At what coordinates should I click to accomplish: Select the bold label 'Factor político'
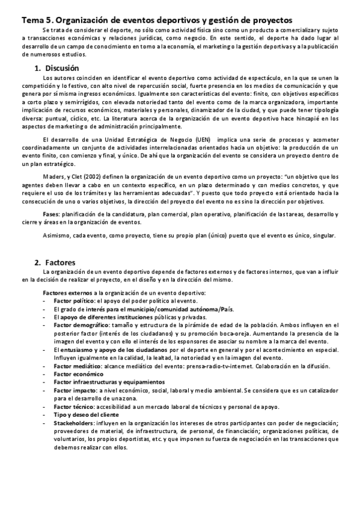[74, 300]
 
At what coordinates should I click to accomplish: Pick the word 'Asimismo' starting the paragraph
[56, 235]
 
